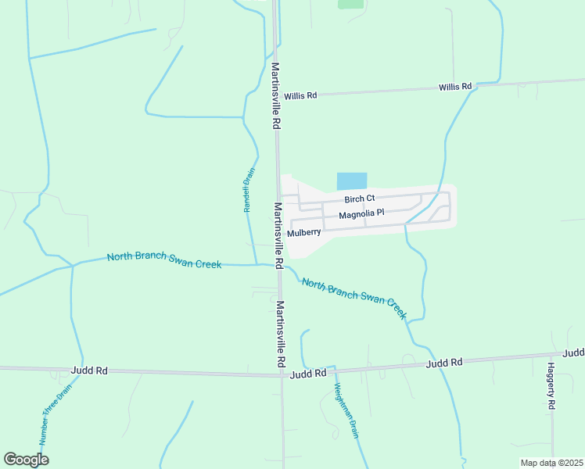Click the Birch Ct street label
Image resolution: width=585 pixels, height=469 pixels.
[x=360, y=199]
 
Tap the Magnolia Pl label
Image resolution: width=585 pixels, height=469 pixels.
[x=361, y=213]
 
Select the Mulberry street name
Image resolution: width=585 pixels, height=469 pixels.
[x=303, y=233]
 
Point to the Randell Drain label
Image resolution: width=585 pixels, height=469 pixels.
[x=249, y=191]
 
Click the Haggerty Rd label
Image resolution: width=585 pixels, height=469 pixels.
[x=551, y=386]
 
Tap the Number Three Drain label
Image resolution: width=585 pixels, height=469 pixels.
[x=56, y=414]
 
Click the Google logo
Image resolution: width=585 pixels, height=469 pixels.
[x=26, y=459]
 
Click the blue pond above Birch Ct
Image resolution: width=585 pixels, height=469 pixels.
[x=351, y=181]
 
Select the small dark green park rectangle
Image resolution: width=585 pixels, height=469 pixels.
[x=350, y=3]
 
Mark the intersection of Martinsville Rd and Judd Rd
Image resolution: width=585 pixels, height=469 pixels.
[x=282, y=374]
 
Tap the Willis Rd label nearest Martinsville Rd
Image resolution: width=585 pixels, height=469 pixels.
[x=300, y=95]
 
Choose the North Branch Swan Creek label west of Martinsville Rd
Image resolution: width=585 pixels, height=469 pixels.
[x=164, y=260]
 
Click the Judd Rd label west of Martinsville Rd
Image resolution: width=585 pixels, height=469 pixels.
[x=88, y=370]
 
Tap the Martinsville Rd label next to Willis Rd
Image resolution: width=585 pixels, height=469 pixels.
[x=275, y=96]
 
